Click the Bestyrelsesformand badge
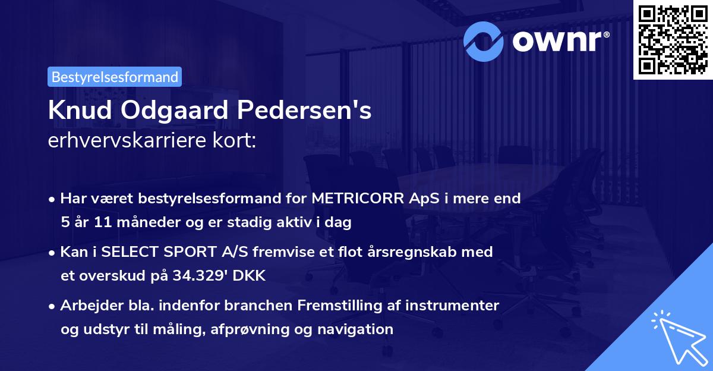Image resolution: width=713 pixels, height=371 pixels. pyautogui.click(x=115, y=77)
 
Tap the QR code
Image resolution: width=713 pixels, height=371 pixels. pyautogui.click(x=672, y=39)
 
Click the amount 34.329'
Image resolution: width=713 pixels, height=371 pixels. pyautogui.click(x=204, y=276)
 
